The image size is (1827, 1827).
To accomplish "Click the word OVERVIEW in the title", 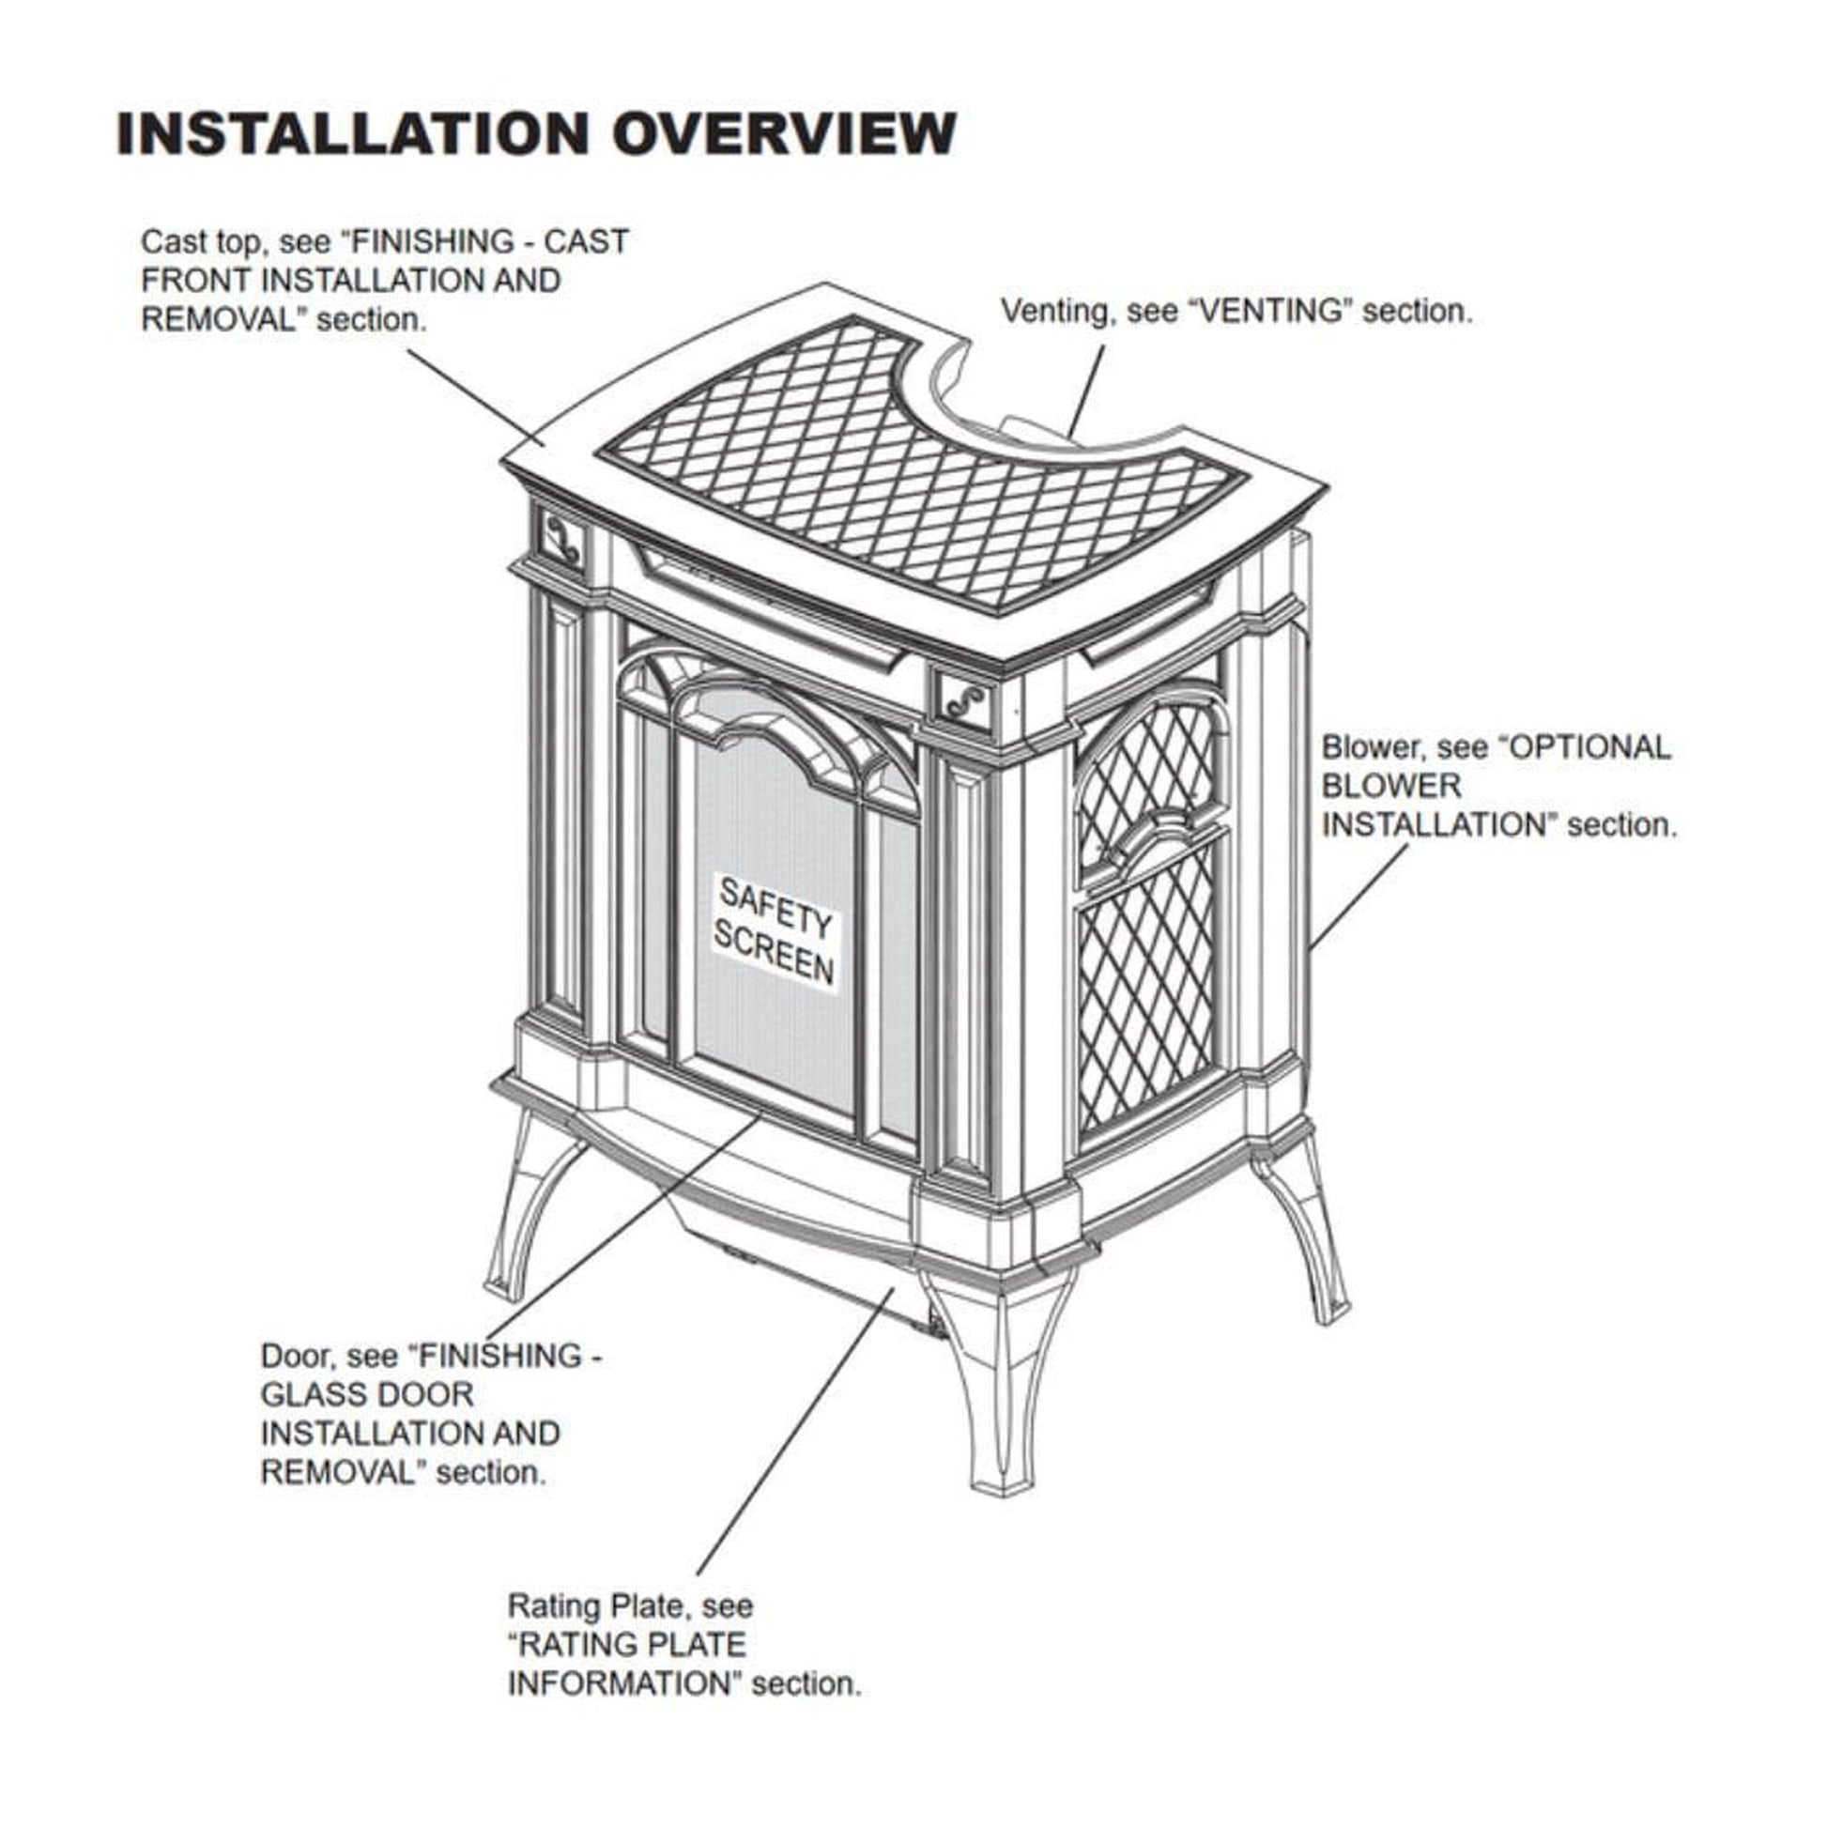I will (783, 132).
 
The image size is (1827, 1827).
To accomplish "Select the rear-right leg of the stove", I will (1310, 1229).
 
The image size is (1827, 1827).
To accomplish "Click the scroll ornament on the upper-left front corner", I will (562, 539).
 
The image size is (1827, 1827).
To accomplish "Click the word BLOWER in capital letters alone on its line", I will (1390, 786).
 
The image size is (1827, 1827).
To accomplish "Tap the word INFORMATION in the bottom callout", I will (620, 1683).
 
